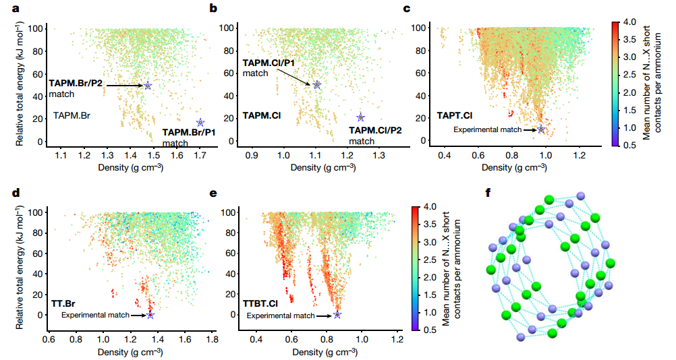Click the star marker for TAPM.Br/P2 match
click(x=148, y=86)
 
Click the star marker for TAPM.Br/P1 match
click(x=200, y=123)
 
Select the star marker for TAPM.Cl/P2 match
click(x=360, y=117)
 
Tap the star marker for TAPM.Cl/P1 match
click(x=316, y=85)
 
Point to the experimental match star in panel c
click(x=541, y=129)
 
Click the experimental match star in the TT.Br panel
click(x=150, y=315)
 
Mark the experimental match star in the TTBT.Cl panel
click(x=337, y=315)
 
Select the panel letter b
click(x=213, y=9)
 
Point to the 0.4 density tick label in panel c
click(x=444, y=156)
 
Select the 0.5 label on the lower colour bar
click(x=429, y=330)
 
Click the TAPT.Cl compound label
click(x=453, y=115)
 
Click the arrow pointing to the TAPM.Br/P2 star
click(x=124, y=86)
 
